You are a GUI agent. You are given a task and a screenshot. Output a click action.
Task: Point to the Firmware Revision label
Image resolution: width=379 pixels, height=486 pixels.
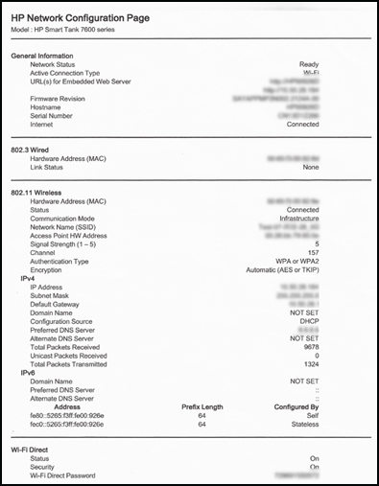(63, 97)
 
